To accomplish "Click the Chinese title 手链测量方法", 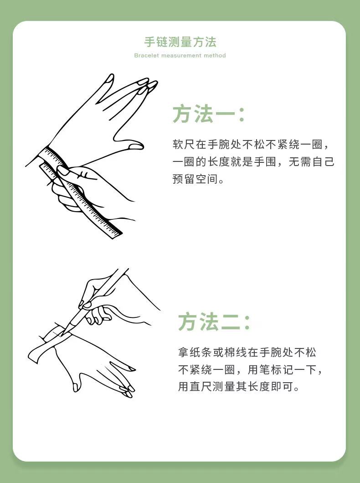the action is tap(180, 42).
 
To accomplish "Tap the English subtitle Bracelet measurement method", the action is tap(180, 56).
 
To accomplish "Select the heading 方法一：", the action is tap(209, 114).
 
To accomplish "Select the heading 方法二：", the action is tap(214, 322).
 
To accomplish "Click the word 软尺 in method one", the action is tap(183, 144).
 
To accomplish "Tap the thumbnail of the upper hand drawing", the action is tap(136, 146).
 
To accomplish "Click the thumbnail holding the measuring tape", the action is tap(63, 171).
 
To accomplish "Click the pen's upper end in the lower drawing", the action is tap(127, 270).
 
